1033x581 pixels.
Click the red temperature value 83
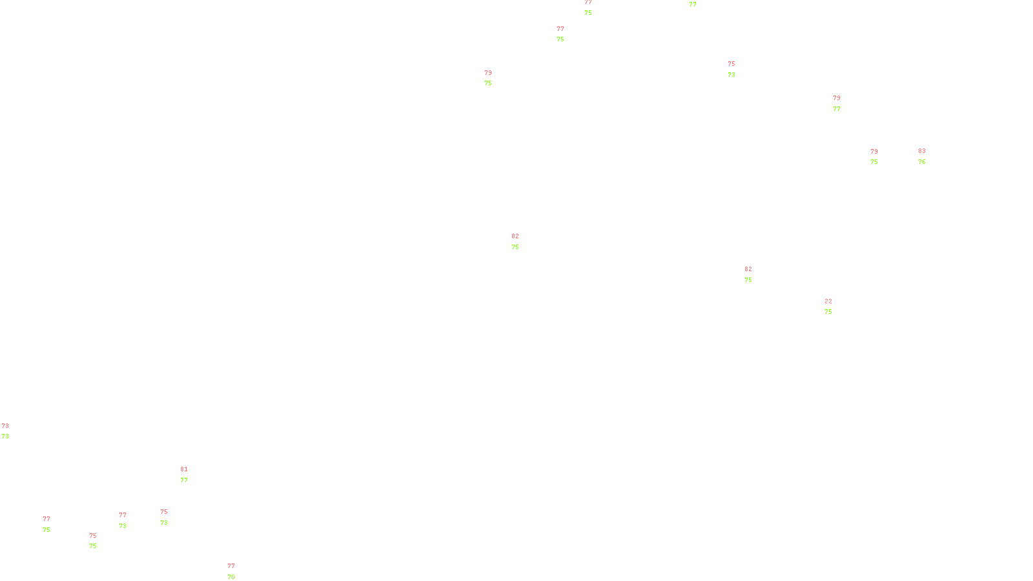pos(922,151)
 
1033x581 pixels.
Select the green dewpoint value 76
pos(922,162)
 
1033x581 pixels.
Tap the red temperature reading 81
pos(184,469)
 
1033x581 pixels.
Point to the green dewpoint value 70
pos(231,576)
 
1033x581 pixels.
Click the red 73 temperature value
pos(5,426)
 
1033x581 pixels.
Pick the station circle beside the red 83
pos(928,156)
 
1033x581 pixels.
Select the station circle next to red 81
pos(190,474)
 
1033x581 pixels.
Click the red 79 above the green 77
pos(837,98)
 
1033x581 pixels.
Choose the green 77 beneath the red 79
pos(837,109)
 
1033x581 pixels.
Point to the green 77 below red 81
pos(184,480)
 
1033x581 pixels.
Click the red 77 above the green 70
pos(231,566)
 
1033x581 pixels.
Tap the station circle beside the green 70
pos(237,572)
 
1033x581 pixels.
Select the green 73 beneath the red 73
pos(5,436)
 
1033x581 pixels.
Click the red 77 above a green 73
pos(123,515)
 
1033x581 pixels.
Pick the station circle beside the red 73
pos(11,431)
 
